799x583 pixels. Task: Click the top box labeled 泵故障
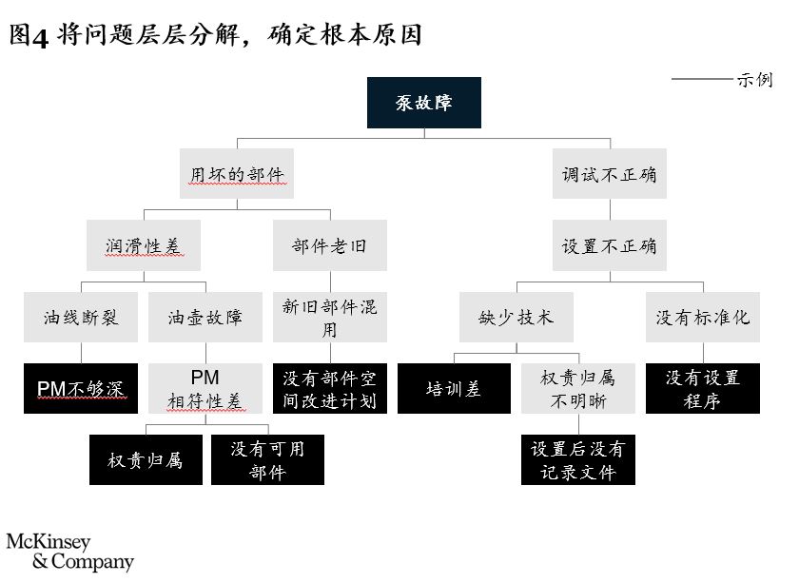424,103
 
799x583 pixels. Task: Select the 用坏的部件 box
237,174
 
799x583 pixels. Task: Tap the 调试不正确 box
610,174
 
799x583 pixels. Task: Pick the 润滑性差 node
144,245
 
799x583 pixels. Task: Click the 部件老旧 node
330,245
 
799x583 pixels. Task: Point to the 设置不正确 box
610,245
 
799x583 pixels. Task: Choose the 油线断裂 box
81,317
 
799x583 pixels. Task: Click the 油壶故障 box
205,317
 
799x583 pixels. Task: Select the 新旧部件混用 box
330,317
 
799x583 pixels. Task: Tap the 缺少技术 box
516,317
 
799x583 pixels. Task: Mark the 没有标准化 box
703,317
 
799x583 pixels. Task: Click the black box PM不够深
81,388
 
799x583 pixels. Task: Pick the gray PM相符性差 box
205,388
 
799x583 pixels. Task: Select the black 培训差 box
454,388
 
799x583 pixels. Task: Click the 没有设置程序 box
703,388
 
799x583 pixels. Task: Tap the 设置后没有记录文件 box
578,459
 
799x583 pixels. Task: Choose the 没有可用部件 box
267,459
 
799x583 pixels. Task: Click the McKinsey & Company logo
70,553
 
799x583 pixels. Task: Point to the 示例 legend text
755,80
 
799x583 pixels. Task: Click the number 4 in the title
40,37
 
